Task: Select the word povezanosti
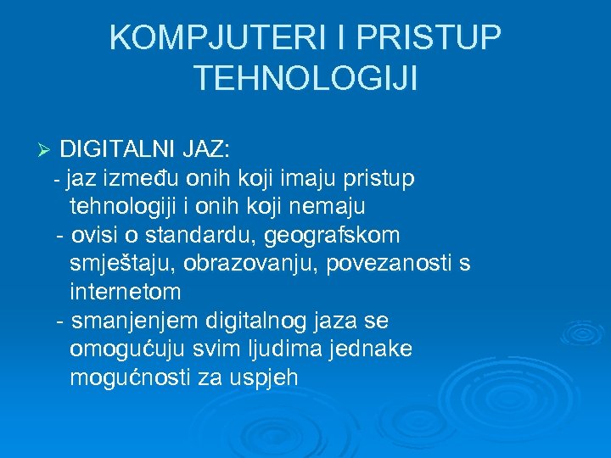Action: coord(378,264)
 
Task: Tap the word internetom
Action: coord(125,293)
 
